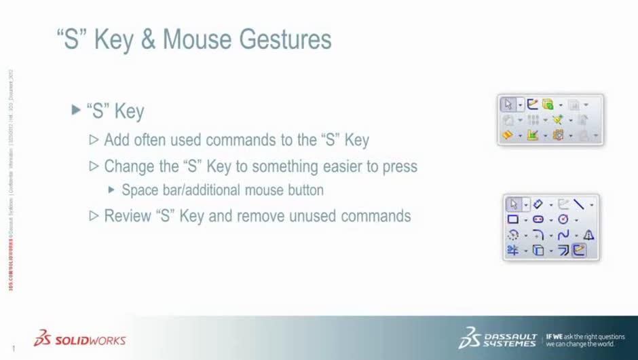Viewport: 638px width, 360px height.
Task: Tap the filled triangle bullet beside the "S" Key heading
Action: point(76,109)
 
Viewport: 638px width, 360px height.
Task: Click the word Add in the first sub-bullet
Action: point(117,141)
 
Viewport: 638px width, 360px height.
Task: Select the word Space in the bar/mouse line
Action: point(139,190)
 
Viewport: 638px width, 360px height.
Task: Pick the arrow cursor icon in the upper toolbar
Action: point(508,105)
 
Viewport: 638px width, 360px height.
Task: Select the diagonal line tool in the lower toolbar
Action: point(579,204)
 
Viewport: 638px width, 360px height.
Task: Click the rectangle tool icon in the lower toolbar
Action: point(513,219)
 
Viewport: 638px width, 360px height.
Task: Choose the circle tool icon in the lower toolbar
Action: point(563,219)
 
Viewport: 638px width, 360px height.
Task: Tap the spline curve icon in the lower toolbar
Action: point(563,235)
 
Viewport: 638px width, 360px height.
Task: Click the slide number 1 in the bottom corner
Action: point(13,350)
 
